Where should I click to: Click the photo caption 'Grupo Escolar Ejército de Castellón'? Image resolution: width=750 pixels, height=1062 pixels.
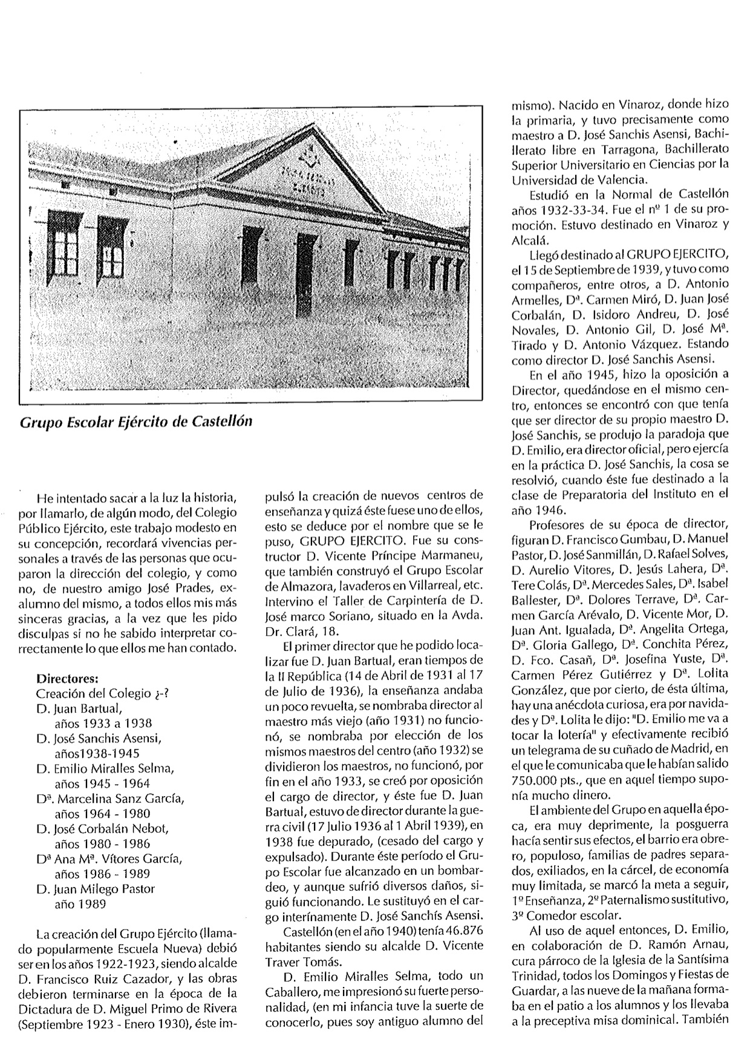(135, 421)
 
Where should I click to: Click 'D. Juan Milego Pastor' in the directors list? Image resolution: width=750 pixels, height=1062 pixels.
(96, 889)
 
